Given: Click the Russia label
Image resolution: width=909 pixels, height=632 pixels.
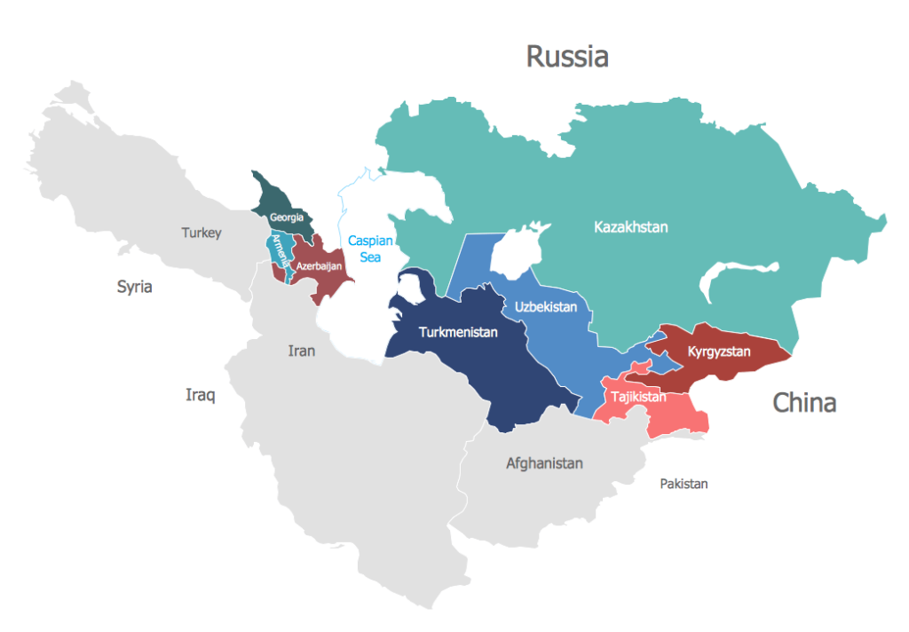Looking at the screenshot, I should (x=567, y=57).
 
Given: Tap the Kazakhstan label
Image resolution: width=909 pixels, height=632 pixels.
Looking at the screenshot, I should (x=630, y=227).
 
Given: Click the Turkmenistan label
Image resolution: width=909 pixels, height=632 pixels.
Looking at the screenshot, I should (x=447, y=333).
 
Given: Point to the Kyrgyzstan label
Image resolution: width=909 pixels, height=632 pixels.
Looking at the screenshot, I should (x=719, y=352).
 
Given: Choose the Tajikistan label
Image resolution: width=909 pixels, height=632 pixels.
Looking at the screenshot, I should (x=638, y=397).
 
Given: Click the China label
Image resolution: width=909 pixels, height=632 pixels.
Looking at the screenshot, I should (x=804, y=402).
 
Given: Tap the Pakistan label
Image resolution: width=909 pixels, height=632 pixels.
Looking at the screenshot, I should (x=684, y=484).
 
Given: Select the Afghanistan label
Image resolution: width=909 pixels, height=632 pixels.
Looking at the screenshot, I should (x=544, y=462).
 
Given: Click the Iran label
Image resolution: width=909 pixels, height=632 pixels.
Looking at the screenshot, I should (x=302, y=351).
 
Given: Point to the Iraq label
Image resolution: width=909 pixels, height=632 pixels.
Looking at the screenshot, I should (x=200, y=395).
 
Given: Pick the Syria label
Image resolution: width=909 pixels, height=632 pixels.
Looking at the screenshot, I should (x=135, y=287).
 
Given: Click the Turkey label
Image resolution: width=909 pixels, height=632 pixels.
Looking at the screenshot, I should (x=202, y=233).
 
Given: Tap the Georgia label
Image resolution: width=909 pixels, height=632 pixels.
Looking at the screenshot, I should (x=287, y=217).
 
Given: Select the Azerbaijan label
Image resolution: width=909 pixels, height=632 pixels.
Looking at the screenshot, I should (x=319, y=265).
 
